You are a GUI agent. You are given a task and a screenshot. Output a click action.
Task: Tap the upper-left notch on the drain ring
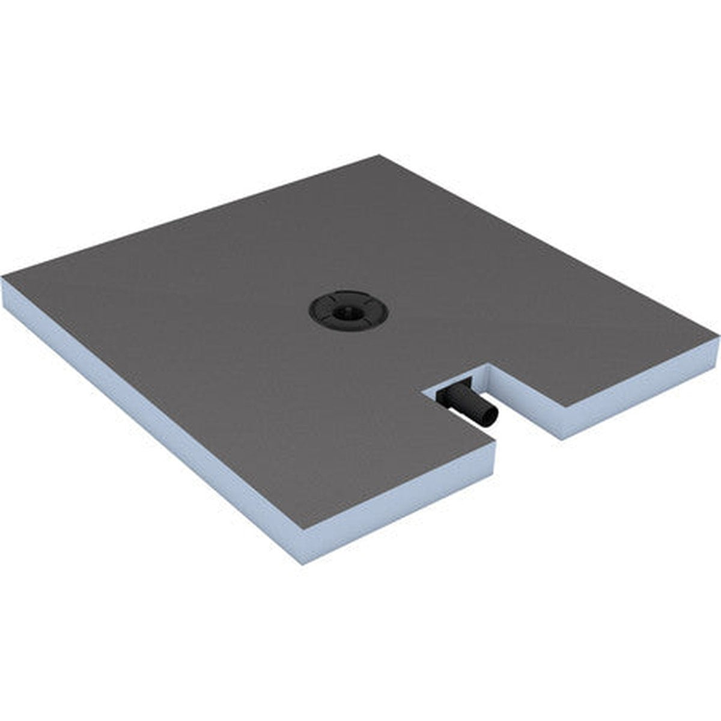point(330,299)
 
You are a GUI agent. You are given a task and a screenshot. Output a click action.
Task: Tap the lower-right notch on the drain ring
point(368,321)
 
